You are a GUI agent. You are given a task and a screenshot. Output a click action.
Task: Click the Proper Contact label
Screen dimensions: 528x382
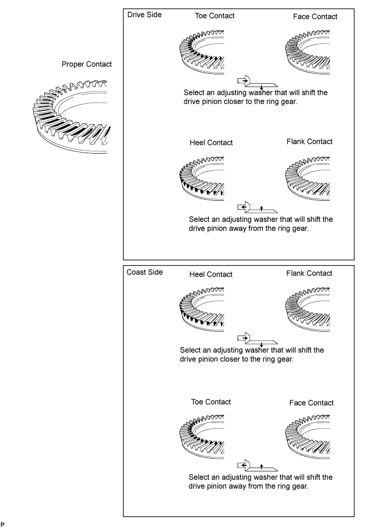tap(87, 64)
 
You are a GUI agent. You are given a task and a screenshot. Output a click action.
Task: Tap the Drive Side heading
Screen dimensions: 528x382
tap(144, 15)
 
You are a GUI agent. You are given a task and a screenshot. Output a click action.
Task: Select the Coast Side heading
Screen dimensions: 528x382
tap(144, 272)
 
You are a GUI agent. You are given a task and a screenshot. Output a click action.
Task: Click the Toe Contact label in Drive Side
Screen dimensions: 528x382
tap(215, 16)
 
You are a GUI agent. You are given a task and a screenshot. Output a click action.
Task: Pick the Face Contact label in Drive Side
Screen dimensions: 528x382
tap(315, 17)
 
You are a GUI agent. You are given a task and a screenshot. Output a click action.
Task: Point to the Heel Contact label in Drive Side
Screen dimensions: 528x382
tap(211, 143)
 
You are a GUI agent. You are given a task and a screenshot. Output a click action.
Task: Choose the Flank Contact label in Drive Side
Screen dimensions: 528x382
tap(309, 141)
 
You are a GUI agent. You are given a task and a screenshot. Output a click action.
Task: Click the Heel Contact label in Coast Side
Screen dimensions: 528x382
tap(211, 275)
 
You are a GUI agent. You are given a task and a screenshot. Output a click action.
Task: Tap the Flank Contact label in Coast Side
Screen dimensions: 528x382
tap(309, 273)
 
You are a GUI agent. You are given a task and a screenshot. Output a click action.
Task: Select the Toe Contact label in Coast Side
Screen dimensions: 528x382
tap(210, 402)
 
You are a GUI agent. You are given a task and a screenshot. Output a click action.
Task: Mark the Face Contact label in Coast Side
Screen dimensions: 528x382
tap(312, 403)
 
